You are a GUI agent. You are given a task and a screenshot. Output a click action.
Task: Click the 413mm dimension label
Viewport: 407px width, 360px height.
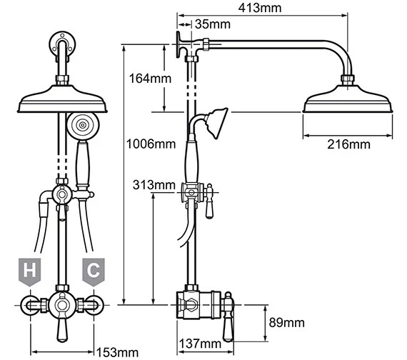coord(260,9)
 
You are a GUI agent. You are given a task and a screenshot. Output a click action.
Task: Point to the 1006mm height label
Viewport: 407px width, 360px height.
coord(149,143)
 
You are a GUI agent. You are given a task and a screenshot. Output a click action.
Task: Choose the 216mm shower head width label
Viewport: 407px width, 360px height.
coord(348,144)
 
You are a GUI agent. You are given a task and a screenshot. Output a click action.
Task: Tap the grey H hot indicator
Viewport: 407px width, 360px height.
coord(29,270)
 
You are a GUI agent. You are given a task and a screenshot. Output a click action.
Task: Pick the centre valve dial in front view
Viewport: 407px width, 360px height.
coord(61,306)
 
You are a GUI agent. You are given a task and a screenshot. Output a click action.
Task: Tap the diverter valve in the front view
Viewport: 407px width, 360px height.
coord(63,194)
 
